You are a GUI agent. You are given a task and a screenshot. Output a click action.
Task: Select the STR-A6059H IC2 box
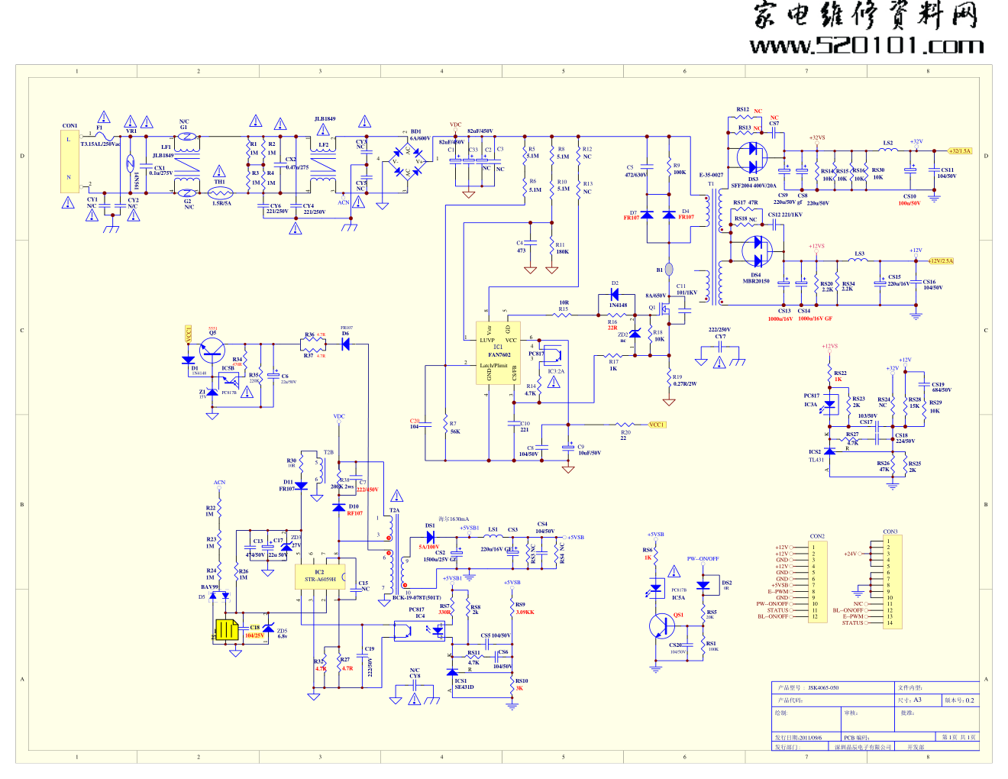tap(320, 577)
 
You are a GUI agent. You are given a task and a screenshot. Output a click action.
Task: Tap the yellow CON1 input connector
tap(69, 160)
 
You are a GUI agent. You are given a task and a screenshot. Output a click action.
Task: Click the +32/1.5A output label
tap(961, 151)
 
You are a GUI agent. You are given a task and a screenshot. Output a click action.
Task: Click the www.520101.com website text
tap(867, 47)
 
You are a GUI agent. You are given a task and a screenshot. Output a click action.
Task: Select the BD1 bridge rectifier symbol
tap(407, 162)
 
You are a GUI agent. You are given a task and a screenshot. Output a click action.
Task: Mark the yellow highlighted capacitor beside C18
tap(227, 630)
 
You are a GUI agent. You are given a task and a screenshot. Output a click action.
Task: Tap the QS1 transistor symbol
tap(661, 626)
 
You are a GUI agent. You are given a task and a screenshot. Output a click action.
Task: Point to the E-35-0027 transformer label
tap(711, 175)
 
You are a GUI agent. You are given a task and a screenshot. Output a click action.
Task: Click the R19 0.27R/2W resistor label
tap(684, 380)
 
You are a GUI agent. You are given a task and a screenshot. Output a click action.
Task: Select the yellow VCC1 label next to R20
tap(657, 425)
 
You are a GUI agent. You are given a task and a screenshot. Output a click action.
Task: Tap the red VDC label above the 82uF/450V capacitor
tap(455, 124)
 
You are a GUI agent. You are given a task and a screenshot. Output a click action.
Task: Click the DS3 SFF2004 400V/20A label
tap(753, 183)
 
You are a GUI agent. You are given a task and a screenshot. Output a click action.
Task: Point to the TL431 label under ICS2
tap(816, 460)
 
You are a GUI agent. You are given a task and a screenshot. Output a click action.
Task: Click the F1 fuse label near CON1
tap(99, 128)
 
